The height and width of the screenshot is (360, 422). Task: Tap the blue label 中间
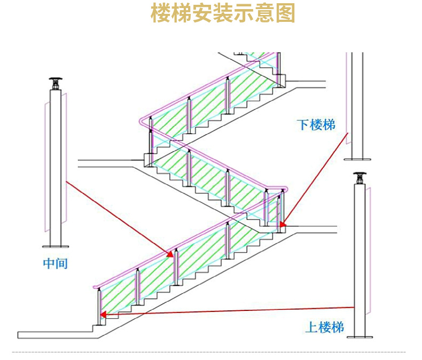(56, 263)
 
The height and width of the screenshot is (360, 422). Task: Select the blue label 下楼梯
(316, 125)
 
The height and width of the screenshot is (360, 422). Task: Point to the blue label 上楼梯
(324, 327)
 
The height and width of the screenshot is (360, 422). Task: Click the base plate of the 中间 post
(56, 247)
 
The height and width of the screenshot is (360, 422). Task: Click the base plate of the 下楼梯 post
(357, 158)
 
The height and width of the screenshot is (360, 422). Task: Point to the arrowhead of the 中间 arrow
(170, 254)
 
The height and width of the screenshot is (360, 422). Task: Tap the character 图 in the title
(286, 14)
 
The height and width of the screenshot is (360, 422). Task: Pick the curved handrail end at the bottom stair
(97, 288)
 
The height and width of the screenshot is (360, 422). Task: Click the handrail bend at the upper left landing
(142, 121)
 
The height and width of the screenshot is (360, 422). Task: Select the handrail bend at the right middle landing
(284, 190)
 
